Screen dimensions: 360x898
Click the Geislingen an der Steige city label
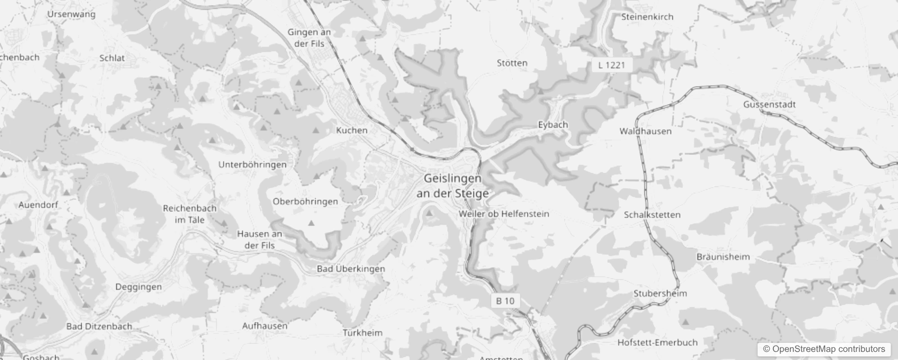point(453,186)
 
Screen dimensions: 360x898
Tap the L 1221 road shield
point(612,65)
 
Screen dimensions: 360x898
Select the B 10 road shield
point(505,301)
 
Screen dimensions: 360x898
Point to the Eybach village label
point(553,125)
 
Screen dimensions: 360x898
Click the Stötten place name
point(512,63)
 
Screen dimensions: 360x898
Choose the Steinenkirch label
point(647,17)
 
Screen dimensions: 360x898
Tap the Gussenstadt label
point(769,104)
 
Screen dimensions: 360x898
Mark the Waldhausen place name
point(645,131)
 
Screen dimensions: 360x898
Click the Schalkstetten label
point(652,215)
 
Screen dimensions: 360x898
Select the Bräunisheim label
point(723,257)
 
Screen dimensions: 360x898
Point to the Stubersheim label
point(660,293)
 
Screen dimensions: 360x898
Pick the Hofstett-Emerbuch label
point(657,342)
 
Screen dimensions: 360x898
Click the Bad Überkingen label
point(351,269)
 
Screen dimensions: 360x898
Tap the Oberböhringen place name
point(305,201)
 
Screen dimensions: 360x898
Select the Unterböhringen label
point(252,165)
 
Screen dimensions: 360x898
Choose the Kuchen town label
point(352,130)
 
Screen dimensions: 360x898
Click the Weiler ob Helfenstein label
point(504,214)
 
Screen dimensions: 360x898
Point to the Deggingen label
point(139,287)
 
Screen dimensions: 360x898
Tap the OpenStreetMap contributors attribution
point(824,349)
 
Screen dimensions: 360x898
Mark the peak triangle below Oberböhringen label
point(310,223)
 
